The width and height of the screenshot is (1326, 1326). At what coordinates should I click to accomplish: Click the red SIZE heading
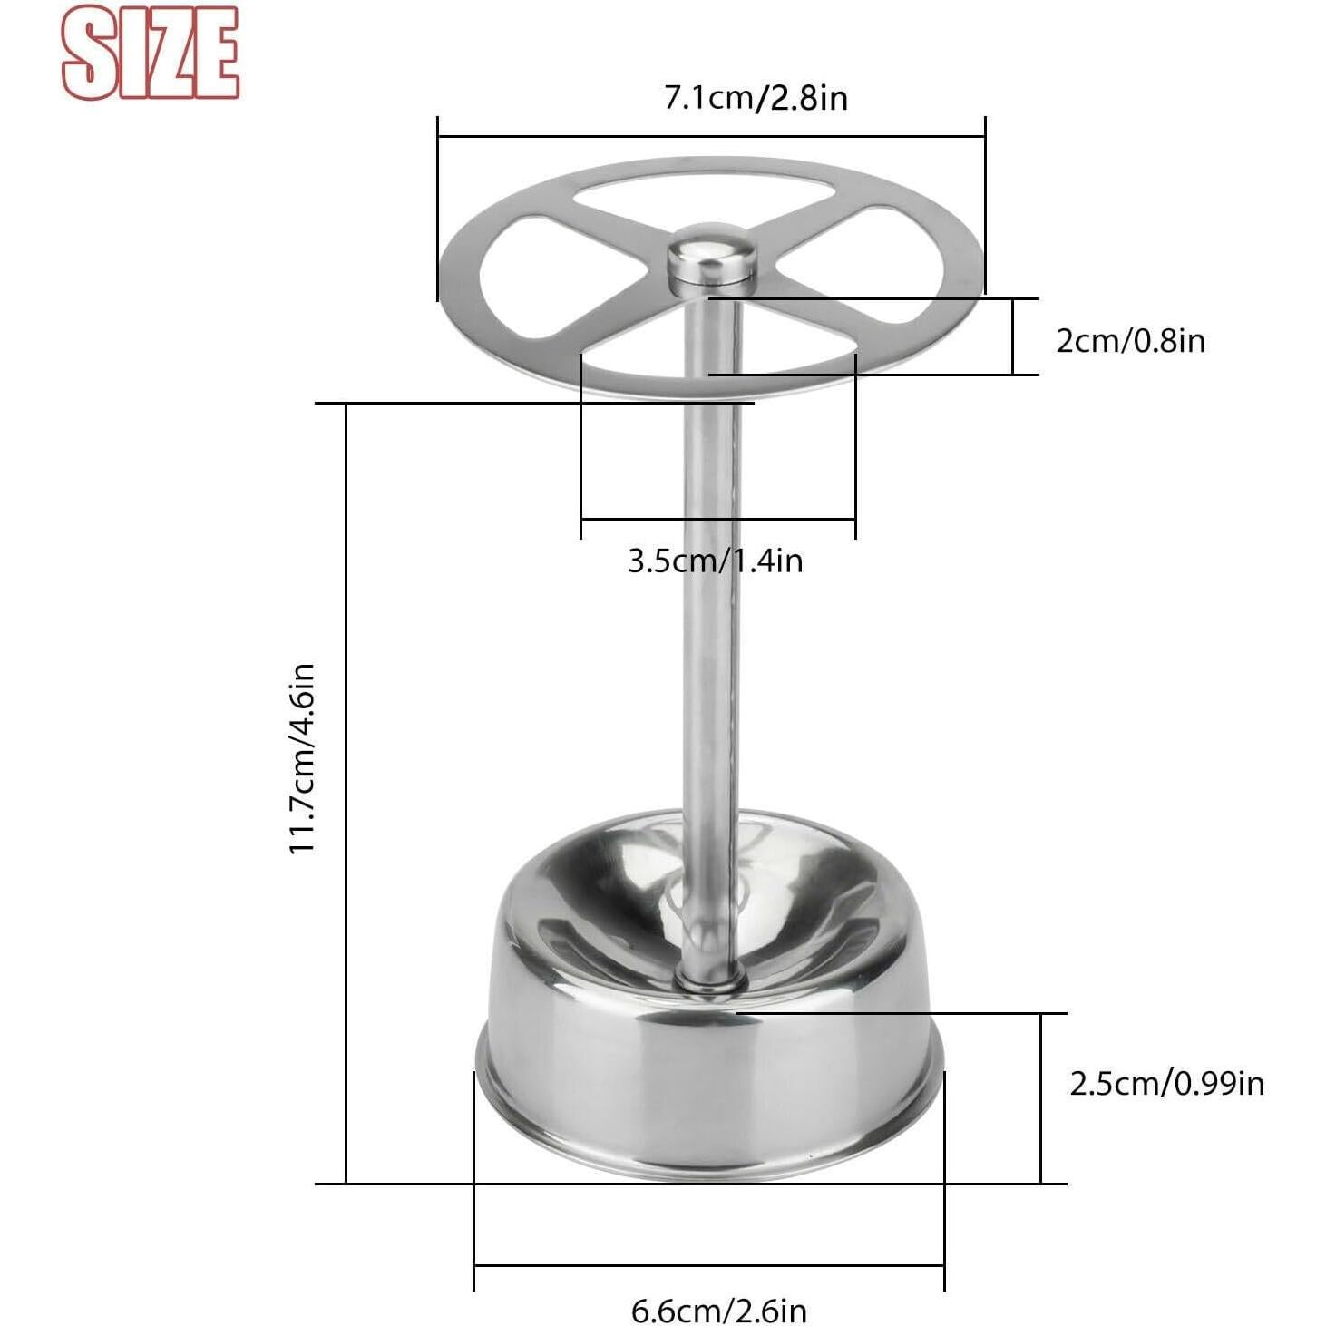(150, 53)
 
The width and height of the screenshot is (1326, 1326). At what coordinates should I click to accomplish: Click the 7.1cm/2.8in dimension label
(756, 96)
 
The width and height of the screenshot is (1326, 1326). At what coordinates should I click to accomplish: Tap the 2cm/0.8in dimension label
(1130, 341)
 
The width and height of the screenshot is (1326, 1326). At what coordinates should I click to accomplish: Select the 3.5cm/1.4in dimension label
(715, 561)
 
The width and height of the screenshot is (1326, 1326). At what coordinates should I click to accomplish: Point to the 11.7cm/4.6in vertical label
(302, 757)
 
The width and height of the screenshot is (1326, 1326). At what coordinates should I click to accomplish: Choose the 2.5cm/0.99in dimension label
(1166, 1083)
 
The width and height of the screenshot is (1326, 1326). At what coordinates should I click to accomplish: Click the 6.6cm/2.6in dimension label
(718, 1310)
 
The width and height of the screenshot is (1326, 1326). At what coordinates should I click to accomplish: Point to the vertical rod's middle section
(713, 635)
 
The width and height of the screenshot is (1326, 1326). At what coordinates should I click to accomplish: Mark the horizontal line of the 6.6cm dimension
(709, 1265)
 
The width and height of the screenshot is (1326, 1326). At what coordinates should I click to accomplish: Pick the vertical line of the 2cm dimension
(1012, 336)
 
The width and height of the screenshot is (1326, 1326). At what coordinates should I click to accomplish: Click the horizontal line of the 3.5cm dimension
(717, 520)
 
